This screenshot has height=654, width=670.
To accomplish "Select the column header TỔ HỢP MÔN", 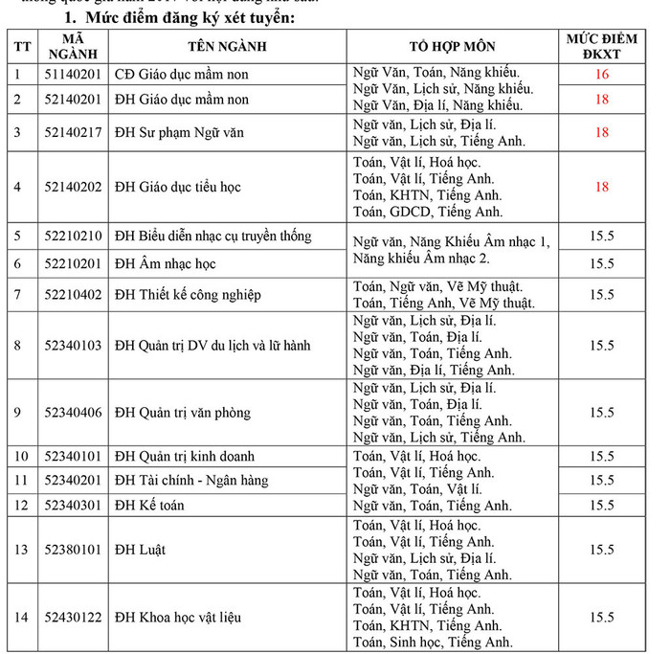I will (x=453, y=45).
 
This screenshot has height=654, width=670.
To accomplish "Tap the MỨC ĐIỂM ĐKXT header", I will (x=601, y=45).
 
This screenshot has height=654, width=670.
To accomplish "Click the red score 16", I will (x=601, y=74).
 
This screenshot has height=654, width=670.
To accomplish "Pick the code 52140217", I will (x=73, y=132).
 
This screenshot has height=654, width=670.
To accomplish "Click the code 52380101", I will (x=73, y=550).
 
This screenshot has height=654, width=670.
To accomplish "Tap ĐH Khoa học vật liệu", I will (x=175, y=618).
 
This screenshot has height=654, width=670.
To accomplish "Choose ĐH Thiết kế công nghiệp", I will (x=188, y=295).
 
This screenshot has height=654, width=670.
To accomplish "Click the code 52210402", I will (x=73, y=295).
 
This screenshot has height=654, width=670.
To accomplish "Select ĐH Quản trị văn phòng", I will (x=182, y=413).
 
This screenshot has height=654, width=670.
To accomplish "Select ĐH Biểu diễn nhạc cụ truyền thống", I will (x=212, y=237).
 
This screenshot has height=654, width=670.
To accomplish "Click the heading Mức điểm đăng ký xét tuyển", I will (x=179, y=18).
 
